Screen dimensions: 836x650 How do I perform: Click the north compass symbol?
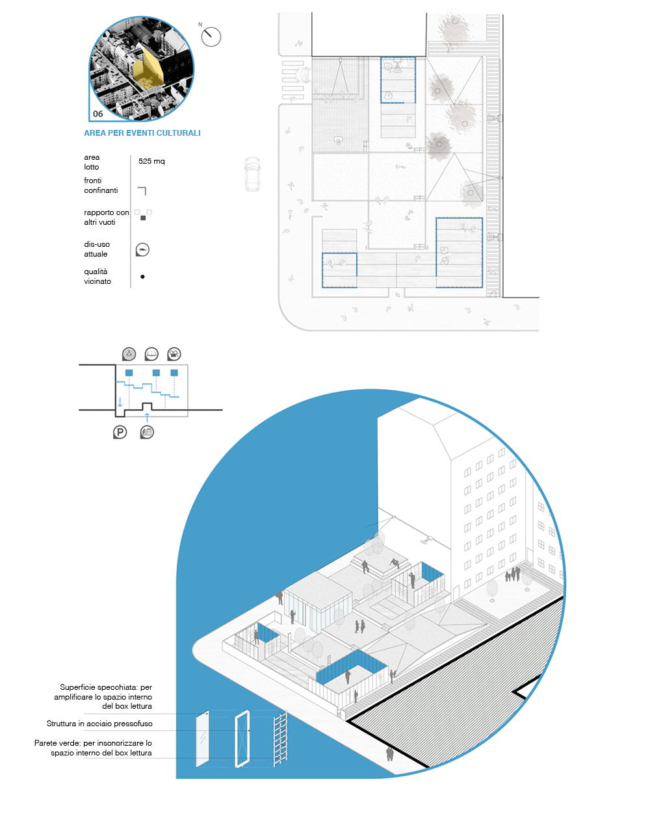pos(211,36)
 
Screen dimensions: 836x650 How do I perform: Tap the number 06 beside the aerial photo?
pos(98,114)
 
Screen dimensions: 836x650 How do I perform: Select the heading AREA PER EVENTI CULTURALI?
pos(142,133)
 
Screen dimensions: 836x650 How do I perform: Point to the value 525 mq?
pos(151,161)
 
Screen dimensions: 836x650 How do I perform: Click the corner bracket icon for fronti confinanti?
pos(142,191)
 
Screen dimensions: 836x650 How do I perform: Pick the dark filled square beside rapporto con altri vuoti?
pos(143,218)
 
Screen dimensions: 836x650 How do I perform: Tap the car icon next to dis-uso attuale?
pos(142,249)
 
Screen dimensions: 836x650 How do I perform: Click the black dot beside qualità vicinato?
pos(142,277)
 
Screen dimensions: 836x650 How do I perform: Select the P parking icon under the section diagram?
pos(120,433)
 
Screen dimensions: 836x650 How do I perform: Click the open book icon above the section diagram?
pos(151,354)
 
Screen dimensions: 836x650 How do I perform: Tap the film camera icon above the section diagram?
pos(174,354)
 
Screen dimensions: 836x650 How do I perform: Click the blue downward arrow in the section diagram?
pos(120,402)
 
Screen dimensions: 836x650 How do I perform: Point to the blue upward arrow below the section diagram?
pos(147,417)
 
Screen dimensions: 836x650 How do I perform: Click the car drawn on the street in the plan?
pos(252,173)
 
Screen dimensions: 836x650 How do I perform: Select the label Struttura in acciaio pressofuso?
pos(99,724)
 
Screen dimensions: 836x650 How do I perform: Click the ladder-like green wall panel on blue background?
pos(280,739)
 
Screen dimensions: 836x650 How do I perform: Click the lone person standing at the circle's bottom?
pos(389,754)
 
